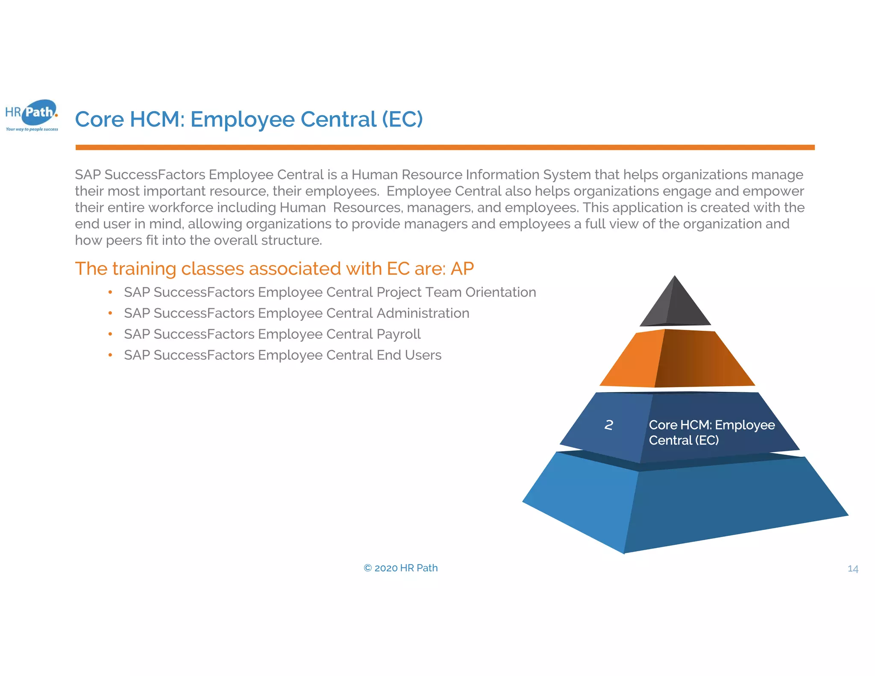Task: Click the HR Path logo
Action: [x=32, y=114]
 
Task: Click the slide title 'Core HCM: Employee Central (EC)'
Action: [x=249, y=119]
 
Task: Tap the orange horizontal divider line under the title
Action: [x=444, y=147]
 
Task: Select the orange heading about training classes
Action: [x=274, y=269]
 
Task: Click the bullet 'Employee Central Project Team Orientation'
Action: [x=330, y=292]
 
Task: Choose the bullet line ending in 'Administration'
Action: [x=297, y=313]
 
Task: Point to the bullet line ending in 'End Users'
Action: [x=282, y=355]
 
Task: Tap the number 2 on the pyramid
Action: [x=609, y=425]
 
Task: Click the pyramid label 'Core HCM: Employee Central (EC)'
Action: [x=711, y=432]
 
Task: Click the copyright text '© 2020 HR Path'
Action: [x=401, y=568]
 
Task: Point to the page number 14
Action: [x=853, y=569]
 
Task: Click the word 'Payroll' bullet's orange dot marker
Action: [x=110, y=334]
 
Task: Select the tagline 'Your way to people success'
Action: [x=32, y=129]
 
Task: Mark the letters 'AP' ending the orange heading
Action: [x=462, y=269]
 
